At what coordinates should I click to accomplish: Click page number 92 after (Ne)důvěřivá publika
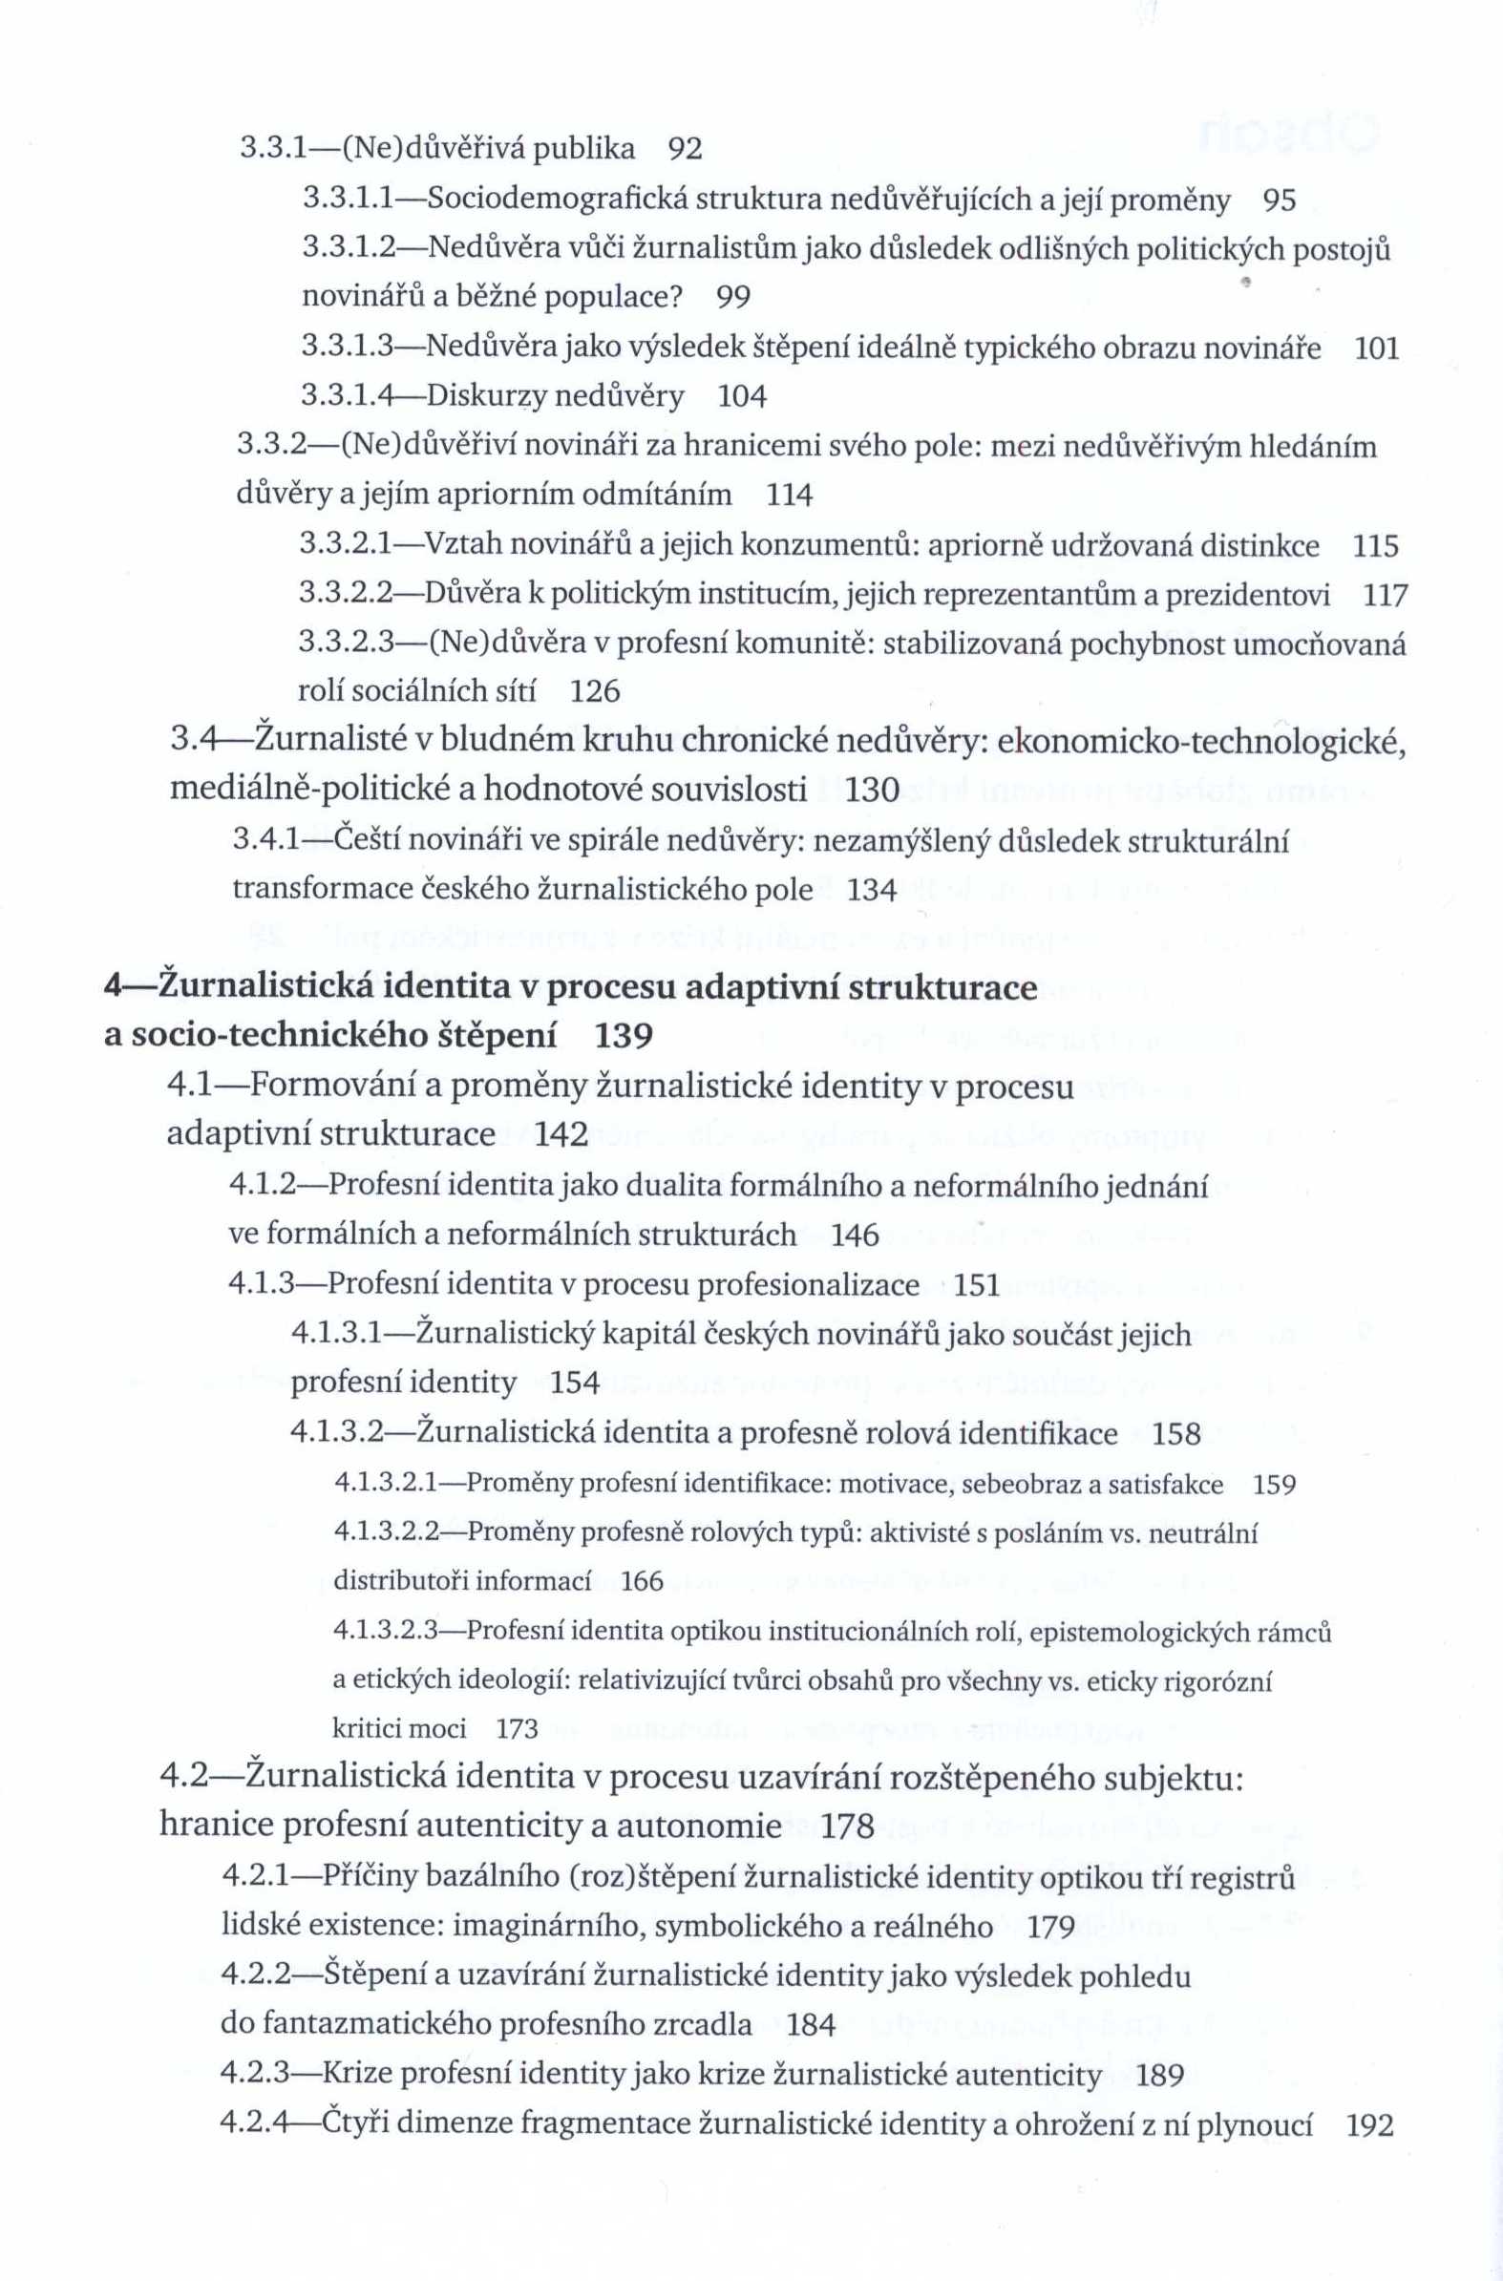click(x=685, y=149)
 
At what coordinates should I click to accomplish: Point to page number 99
click(x=733, y=298)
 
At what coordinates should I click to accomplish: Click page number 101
click(x=1376, y=348)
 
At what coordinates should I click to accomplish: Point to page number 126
click(x=595, y=691)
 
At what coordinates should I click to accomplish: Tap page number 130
click(x=873, y=790)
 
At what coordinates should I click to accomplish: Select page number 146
click(x=855, y=1236)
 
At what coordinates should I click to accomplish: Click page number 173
click(x=518, y=1729)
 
